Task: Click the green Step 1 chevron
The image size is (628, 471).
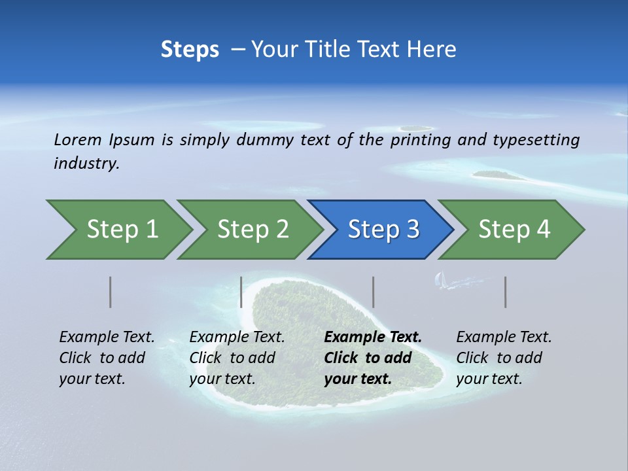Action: [x=121, y=230]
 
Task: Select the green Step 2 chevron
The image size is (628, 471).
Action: [x=252, y=230]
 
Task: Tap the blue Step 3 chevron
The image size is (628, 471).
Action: [x=383, y=230]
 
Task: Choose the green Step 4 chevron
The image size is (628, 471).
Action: [x=514, y=230]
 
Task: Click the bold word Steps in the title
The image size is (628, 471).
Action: [x=190, y=49]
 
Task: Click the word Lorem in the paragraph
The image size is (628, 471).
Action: [x=77, y=139]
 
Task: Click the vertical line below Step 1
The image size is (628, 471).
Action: [x=111, y=292]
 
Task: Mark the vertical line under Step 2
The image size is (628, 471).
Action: [x=241, y=292]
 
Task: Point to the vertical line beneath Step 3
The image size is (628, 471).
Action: [x=374, y=292]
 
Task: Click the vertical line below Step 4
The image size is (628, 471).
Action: [x=506, y=292]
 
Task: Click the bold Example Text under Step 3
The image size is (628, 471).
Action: [x=373, y=338]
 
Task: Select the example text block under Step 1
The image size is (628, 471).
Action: [x=107, y=358]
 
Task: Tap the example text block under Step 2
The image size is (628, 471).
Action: [x=237, y=358]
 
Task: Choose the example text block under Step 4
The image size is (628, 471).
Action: [x=504, y=358]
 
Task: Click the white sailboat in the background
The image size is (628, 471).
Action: [x=442, y=281]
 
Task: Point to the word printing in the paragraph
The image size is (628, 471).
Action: [x=418, y=139]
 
